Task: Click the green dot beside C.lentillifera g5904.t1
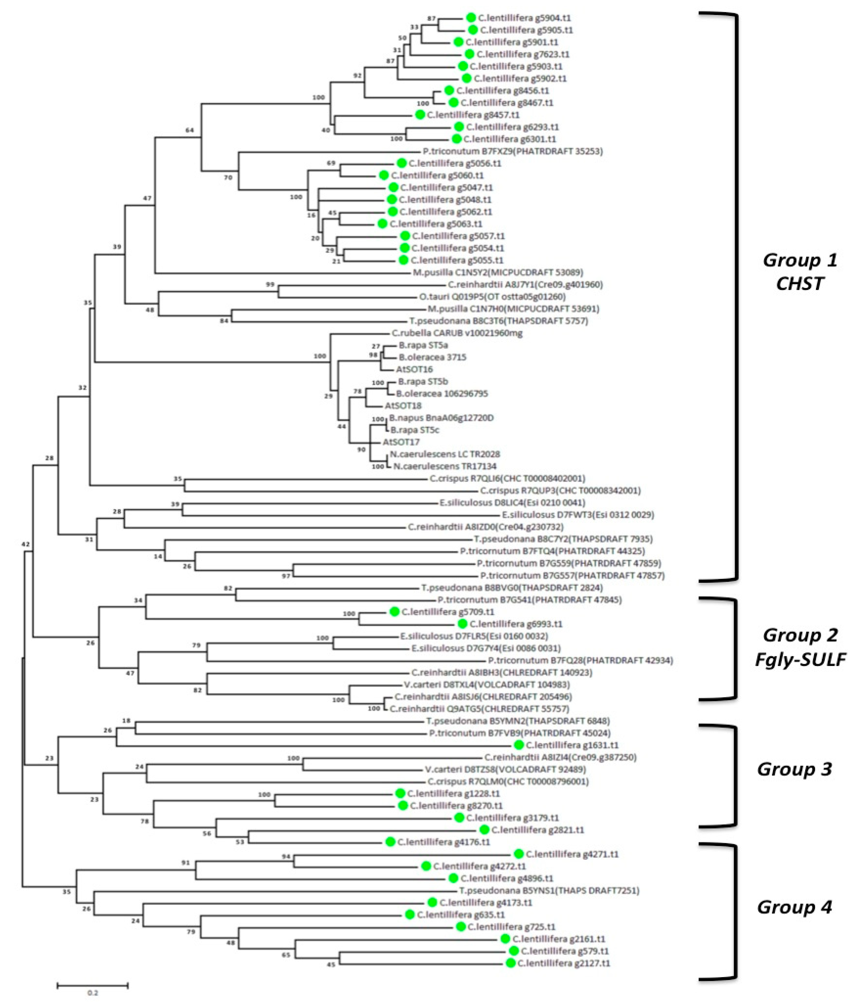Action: [471, 18]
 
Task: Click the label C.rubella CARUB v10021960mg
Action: [457, 333]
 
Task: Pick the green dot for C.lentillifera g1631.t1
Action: [518, 745]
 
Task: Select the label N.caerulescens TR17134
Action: [445, 466]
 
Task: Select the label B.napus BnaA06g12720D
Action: [441, 418]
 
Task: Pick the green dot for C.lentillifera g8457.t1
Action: [420, 115]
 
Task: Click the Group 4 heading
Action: [794, 907]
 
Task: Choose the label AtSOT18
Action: [403, 406]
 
